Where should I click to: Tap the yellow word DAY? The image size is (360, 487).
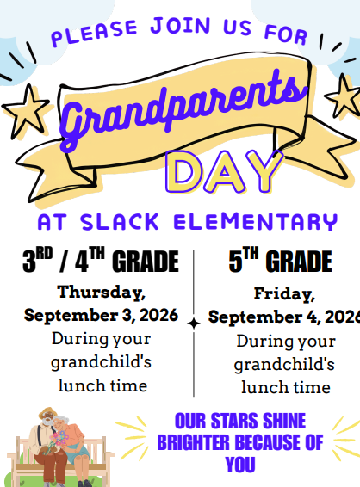[x=224, y=172]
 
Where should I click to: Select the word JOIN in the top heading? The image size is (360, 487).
[x=181, y=26]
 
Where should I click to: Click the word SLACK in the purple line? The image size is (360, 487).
[x=120, y=222]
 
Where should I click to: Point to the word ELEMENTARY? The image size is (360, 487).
[x=256, y=222]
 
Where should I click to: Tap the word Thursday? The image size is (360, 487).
[x=102, y=293]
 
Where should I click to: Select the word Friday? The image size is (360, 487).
[x=284, y=293]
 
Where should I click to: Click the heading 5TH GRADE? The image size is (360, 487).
[x=281, y=260]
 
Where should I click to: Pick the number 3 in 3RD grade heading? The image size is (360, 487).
[x=29, y=262]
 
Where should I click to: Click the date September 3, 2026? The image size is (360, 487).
[x=101, y=315]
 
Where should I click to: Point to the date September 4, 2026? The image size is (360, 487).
[x=284, y=317]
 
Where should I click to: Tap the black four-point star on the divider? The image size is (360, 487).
[x=194, y=324]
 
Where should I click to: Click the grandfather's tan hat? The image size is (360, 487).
[x=47, y=412]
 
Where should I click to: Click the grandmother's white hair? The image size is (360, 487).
[x=61, y=421]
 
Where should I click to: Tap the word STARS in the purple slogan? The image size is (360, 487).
[x=235, y=421]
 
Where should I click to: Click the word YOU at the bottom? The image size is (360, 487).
[x=240, y=465]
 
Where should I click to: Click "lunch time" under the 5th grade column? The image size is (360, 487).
[x=286, y=387]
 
